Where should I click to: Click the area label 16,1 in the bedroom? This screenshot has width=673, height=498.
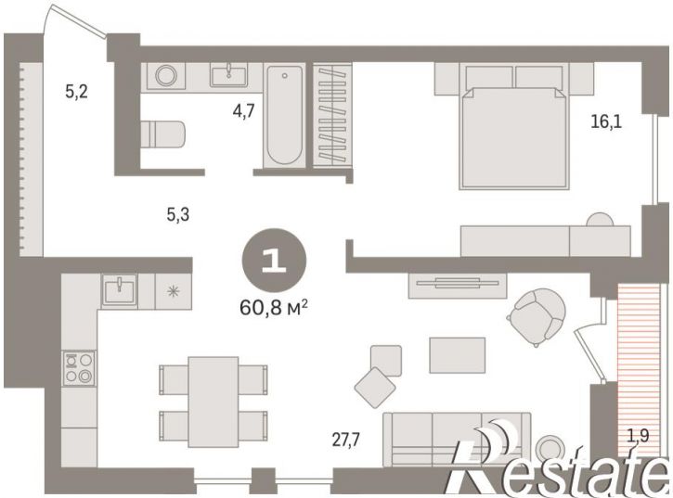606,122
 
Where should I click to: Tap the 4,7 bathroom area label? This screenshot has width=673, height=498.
244,111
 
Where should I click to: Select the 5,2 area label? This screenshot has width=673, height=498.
77,92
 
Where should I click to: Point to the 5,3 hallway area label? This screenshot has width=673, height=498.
178,214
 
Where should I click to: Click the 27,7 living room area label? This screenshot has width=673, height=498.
346,440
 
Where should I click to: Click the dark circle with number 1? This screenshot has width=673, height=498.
274,261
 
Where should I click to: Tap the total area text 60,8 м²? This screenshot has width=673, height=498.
274,307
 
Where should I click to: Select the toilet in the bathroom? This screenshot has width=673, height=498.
162,134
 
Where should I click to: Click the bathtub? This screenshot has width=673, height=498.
285,115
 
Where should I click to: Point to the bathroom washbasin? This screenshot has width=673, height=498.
228,75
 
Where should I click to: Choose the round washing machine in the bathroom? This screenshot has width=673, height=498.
166,76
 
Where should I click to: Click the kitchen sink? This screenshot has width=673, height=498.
120,290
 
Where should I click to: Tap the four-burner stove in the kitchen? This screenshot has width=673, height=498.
79,367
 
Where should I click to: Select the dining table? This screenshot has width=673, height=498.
214,402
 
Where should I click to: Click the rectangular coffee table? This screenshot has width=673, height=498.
457,355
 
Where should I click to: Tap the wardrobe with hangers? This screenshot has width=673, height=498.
332,115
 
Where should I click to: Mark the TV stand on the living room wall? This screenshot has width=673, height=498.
457,285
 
